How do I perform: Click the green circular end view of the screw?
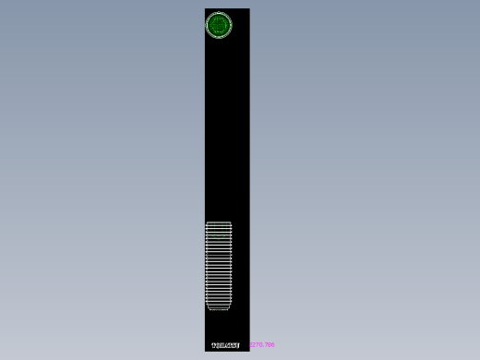coord(219,26)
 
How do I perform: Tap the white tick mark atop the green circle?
coord(219,12)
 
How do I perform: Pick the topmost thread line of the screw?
coord(219,223)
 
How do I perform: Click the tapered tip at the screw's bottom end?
coord(219,306)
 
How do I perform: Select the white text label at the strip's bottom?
coord(226,345)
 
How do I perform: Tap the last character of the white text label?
coord(238,345)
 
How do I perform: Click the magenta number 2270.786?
coord(261,345)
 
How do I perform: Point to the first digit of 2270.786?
coord(250,345)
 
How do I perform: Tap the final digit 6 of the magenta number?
coord(272,345)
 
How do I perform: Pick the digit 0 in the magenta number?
coord(261,345)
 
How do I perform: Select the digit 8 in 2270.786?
coord(269,345)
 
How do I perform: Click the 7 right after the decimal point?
coord(266,345)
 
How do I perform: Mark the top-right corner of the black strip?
coord(249,9)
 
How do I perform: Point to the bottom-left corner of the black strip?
coord(205,351)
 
